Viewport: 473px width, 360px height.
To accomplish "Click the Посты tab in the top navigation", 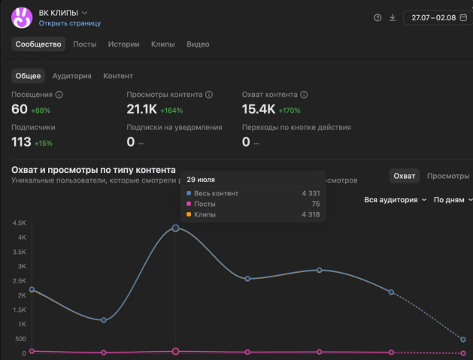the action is click(x=85, y=44).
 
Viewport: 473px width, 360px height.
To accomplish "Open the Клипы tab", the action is click(x=163, y=44).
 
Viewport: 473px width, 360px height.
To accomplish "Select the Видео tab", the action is click(x=198, y=44).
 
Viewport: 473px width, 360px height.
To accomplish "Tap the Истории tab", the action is click(x=123, y=44).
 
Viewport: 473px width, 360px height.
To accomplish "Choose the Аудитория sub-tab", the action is click(x=71, y=76).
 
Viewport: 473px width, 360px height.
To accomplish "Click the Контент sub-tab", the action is click(x=118, y=76).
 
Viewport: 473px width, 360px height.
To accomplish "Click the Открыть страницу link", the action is click(x=70, y=23).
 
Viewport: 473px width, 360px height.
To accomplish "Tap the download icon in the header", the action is click(x=393, y=17).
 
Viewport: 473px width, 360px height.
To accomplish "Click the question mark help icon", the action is click(x=377, y=17).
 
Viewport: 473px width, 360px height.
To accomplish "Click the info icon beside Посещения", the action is click(x=59, y=95).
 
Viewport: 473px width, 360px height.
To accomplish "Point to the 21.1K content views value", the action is click(x=142, y=109).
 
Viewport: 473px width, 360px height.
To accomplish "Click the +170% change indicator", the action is click(x=290, y=110).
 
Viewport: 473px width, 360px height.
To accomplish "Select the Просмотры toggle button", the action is click(x=448, y=176).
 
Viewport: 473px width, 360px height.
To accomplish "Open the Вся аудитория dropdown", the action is click(x=396, y=200).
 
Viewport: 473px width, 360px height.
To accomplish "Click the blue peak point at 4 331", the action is click(x=175, y=228).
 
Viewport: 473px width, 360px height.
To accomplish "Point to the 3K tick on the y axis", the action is click(x=22, y=266).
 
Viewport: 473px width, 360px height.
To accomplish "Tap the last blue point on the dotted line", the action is click(x=463, y=340).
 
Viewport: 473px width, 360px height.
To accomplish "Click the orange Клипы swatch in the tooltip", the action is click(x=189, y=214).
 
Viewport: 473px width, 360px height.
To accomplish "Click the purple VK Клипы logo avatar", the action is click(x=22, y=17).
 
